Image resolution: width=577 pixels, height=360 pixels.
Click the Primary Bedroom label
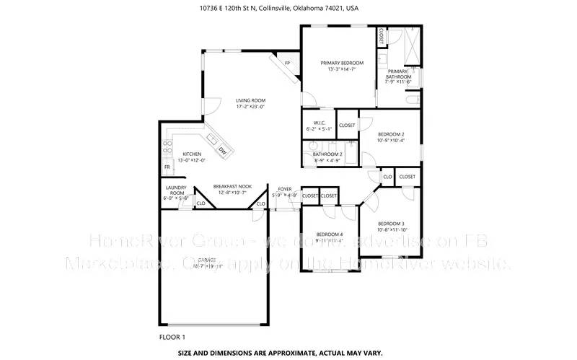pos(342,63)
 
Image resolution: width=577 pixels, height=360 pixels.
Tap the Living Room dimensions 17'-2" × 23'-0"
pos(250,107)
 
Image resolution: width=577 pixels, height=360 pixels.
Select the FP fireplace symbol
pos(287,63)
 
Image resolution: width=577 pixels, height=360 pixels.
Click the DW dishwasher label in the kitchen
pos(223,151)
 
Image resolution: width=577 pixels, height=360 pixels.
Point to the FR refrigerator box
pos(167,167)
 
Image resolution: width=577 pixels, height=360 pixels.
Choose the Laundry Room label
pos(177,190)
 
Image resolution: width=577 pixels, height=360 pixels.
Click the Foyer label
pos(285,189)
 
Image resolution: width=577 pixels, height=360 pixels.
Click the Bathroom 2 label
pos(327,154)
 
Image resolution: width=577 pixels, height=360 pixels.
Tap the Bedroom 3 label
pos(391,223)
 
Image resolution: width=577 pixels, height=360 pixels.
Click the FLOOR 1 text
pos(172,337)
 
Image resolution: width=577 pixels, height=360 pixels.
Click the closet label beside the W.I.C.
pos(347,126)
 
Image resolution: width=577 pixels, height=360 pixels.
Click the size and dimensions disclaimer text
pos(288,354)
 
